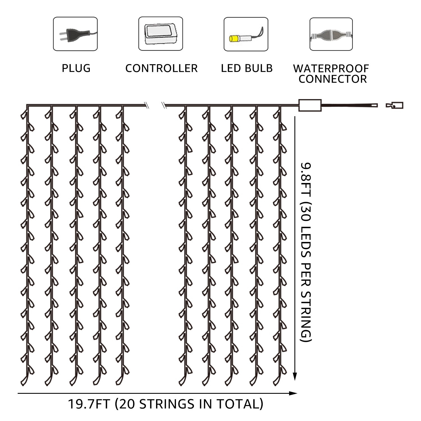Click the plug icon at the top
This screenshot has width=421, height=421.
75,34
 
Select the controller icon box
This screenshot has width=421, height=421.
161,34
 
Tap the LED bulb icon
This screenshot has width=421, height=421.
246,34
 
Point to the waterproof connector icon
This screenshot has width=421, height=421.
331,34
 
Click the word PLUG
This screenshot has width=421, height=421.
76,68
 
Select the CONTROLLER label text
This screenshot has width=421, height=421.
161,68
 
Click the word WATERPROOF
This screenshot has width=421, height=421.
331,68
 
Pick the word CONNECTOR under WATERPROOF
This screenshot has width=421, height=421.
333,79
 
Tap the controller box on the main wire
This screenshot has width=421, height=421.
310,105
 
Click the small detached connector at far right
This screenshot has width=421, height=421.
395,105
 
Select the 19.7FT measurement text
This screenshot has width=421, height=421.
89,404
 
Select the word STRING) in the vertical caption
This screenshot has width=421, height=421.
306,317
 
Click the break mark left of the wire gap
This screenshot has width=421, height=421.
146,106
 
